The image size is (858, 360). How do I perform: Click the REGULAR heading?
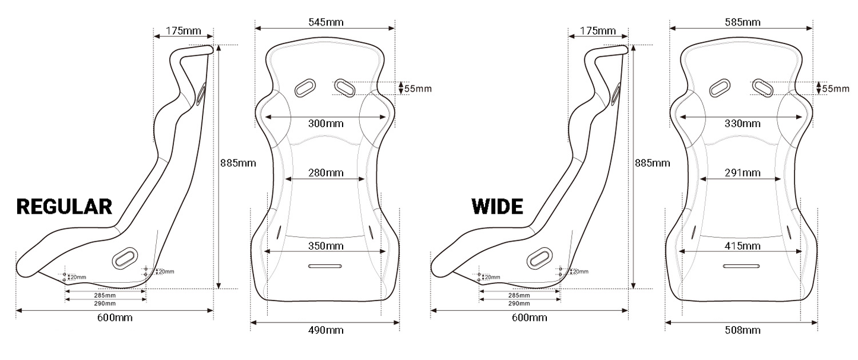[64, 207]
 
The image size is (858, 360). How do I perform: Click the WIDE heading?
[497, 207]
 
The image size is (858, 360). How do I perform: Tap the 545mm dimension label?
[326, 22]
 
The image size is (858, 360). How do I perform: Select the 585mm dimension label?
[742, 22]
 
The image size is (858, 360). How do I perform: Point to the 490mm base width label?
[325, 330]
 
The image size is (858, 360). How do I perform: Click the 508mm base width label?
[742, 330]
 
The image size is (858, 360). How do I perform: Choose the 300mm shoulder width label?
[325, 124]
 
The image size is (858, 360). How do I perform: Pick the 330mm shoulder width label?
[742, 124]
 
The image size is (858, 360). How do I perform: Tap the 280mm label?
[325, 173]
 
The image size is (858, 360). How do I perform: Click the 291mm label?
[742, 173]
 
